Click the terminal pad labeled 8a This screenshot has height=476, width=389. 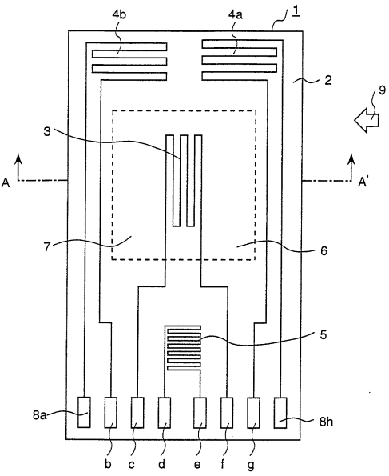point(84,413)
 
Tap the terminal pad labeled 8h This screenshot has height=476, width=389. point(280,413)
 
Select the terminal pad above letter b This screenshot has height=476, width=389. point(111,413)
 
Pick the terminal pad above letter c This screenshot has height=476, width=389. point(137,413)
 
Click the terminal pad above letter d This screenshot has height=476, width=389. point(165,413)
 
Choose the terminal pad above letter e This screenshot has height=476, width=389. point(200,413)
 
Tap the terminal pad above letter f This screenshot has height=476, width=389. point(227,413)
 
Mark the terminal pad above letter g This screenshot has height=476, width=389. point(253,413)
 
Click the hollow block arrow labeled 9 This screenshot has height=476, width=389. point(367,120)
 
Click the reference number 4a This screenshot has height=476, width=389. point(236,14)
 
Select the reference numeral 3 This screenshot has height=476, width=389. point(46,132)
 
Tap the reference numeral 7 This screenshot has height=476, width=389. point(46,246)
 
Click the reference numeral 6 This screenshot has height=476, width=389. point(324,250)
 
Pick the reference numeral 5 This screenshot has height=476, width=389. point(324,335)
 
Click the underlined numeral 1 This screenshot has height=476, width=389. point(296,13)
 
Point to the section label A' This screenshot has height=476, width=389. point(363,182)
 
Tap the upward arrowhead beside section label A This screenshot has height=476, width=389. point(19,158)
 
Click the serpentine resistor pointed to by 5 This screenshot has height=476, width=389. point(183,348)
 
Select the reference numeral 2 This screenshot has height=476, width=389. point(327,80)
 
